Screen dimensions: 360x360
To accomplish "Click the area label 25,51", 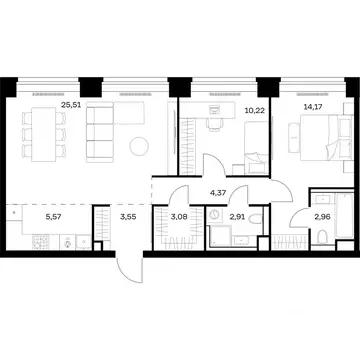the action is pyautogui.click(x=71, y=105).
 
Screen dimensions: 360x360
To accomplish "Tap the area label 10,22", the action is pyautogui.click(x=255, y=110).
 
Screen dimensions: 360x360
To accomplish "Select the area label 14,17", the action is pyautogui.click(x=312, y=107).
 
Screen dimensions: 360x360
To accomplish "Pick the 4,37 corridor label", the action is pyautogui.click(x=218, y=193).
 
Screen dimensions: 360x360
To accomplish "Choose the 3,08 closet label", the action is pyautogui.click(x=178, y=218).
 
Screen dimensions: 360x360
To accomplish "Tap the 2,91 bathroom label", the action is pyautogui.click(x=237, y=218).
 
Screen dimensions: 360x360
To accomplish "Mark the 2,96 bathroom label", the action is pyautogui.click(x=322, y=218).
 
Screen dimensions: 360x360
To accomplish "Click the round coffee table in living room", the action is pyautogui.click(x=139, y=147).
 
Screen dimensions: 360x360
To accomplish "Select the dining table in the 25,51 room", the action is pyautogui.click(x=44, y=134).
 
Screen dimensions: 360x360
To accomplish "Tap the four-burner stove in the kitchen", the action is pyautogui.click(x=41, y=242).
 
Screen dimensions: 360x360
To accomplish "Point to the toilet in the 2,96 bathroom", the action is pyautogui.click(x=323, y=237).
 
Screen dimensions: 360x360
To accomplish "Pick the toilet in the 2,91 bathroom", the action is pyautogui.click(x=256, y=219).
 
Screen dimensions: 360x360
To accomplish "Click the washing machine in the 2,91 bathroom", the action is pyautogui.click(x=215, y=215).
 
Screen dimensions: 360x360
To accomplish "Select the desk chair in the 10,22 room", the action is pyautogui.click(x=213, y=124).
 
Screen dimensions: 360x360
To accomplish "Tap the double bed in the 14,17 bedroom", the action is pyautogui.click(x=326, y=138).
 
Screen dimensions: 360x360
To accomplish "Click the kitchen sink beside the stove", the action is pyautogui.click(x=68, y=242).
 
